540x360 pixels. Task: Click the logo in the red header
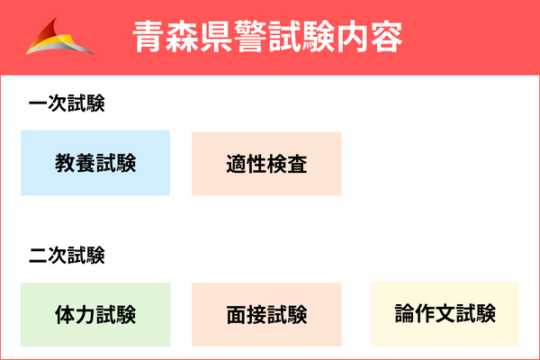pos(59,37)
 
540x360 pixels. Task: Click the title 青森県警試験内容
pos(267,37)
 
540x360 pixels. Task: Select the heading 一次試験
pos(67,103)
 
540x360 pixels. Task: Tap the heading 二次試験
pos(67,256)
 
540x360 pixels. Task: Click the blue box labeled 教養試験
pos(95,163)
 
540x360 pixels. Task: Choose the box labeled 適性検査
pos(266,163)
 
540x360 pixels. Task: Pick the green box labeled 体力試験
pos(95,314)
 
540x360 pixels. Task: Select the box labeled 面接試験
pos(266,314)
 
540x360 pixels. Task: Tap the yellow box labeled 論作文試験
pos(445,314)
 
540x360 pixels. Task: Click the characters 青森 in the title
pos(166,37)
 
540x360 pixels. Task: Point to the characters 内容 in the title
pos(370,37)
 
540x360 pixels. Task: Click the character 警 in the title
pos(250,37)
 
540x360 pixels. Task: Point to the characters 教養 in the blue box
pos(75,163)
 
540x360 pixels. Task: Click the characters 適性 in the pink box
pos(247,164)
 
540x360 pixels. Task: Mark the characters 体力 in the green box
pos(75,314)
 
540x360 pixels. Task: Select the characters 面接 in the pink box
pos(247,314)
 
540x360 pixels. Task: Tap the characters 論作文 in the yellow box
pos(425,313)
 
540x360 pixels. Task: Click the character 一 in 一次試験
pos(38,103)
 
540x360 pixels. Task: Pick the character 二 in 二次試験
pos(38,256)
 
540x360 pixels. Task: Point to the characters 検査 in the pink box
pos(287,164)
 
